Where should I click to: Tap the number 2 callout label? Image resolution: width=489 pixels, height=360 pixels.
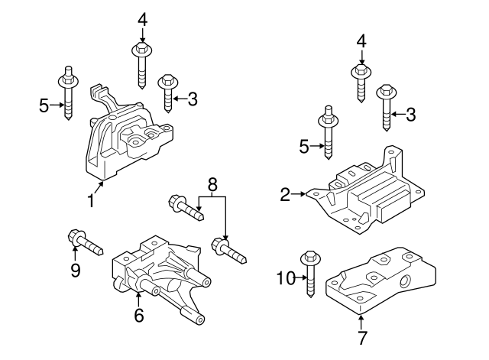tap(285, 196)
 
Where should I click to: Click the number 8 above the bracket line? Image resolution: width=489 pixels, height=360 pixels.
tap(212, 183)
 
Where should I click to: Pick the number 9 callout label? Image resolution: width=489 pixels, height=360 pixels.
tap(76, 270)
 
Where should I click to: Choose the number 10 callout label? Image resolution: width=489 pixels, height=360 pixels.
tap(283, 281)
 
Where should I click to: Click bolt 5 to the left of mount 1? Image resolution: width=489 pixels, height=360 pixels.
tap(66, 96)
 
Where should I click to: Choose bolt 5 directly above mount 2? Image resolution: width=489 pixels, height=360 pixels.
tap(326, 134)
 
